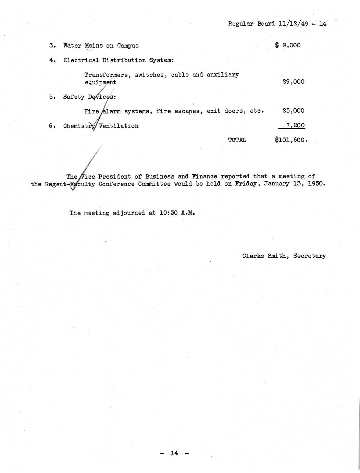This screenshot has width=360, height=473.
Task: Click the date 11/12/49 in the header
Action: pyautogui.click(x=292, y=24)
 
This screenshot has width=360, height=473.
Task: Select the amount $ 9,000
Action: pyautogui.click(x=288, y=45)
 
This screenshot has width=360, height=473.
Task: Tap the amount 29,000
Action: pyautogui.click(x=293, y=82)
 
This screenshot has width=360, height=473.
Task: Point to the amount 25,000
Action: pyautogui.click(x=293, y=111)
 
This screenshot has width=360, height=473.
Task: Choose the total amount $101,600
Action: pyautogui.click(x=291, y=140)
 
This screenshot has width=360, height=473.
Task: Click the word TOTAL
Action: pyautogui.click(x=237, y=140)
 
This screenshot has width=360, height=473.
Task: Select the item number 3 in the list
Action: pyautogui.click(x=51, y=46)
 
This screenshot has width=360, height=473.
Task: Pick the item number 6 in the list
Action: pyautogui.click(x=51, y=126)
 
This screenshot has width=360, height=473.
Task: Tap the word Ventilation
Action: pyautogui.click(x=119, y=126)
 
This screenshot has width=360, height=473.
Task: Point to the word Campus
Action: pyautogui.click(x=128, y=46)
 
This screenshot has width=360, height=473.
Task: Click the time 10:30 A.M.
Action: pyautogui.click(x=177, y=213)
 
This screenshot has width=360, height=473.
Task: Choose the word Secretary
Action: pyautogui.click(x=309, y=256)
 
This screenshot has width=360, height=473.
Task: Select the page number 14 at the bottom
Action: pyautogui.click(x=174, y=453)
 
